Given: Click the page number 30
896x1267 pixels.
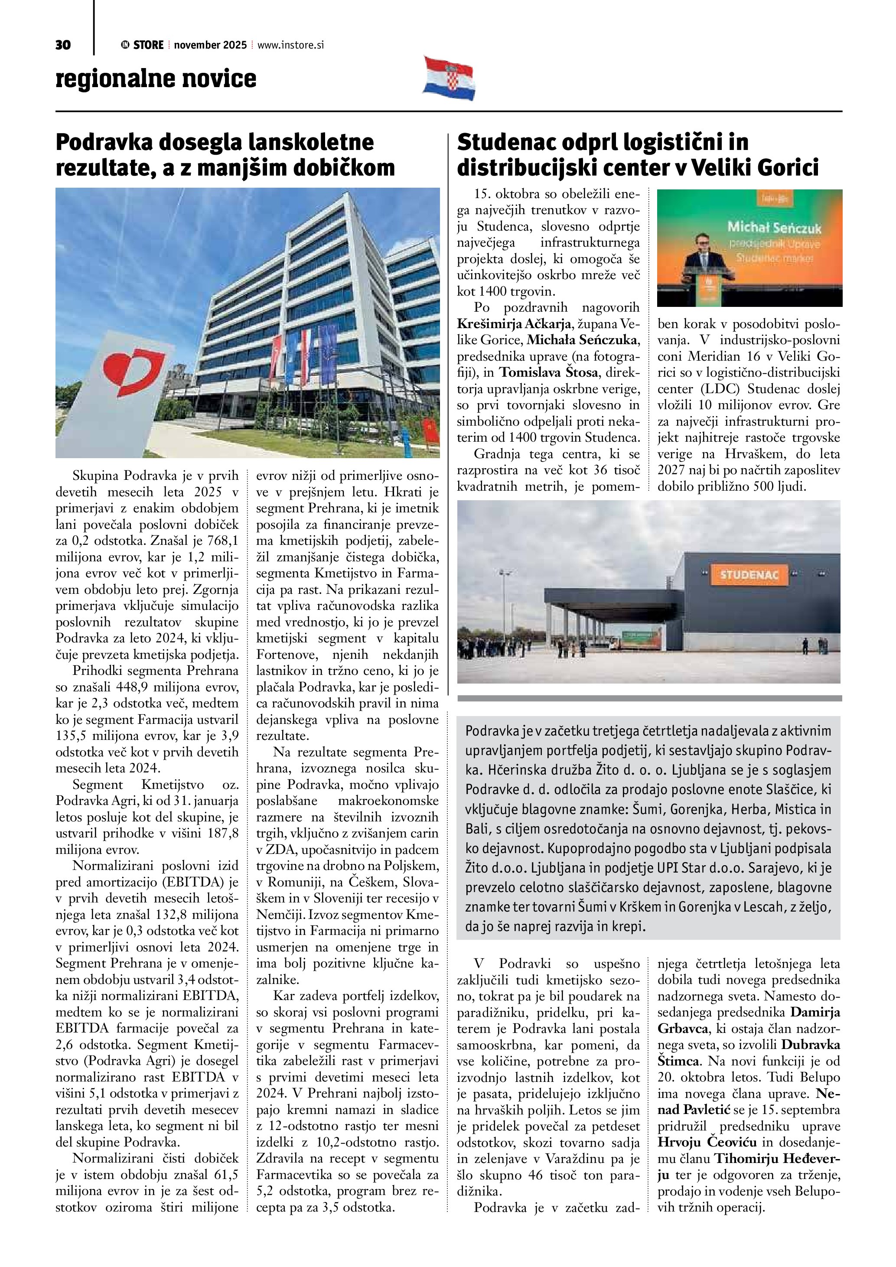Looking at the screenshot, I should click(63, 45).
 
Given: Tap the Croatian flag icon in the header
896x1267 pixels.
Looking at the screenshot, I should click(449, 78).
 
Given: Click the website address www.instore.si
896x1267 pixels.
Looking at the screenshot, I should click(290, 45).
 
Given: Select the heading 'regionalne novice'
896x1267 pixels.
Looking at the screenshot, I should click(156, 78).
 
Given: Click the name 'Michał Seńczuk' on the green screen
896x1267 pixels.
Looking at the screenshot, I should click(774, 227).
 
